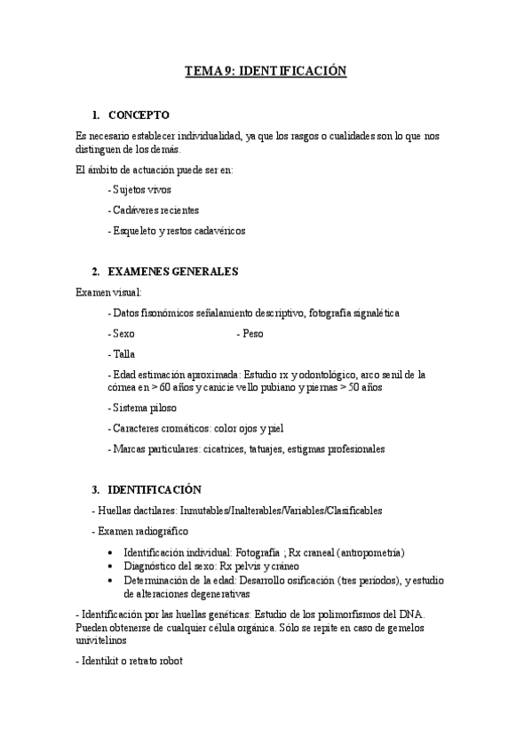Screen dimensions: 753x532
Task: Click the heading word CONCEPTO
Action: click(139, 115)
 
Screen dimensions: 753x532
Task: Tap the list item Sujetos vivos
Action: click(139, 190)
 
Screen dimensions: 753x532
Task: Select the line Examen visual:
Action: click(108, 292)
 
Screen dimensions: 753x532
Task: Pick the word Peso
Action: click(251, 334)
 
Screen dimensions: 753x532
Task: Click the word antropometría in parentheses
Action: click(360, 552)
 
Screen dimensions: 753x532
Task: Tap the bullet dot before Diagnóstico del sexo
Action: click(131, 567)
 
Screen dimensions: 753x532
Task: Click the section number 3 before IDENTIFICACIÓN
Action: click(95, 490)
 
